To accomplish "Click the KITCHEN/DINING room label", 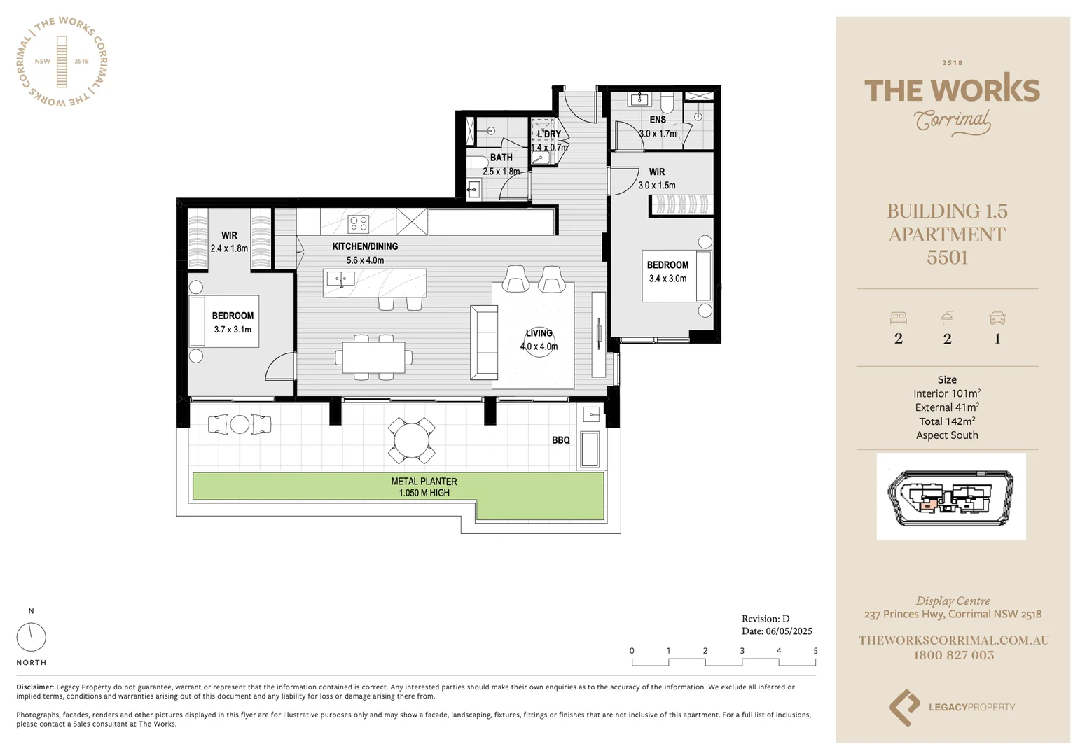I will pos(365,246).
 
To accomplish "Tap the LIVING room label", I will pos(539,333).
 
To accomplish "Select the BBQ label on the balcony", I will pos(560,440).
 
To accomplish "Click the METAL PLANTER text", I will pos(424,482).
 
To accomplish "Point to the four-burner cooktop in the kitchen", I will pos(359,224).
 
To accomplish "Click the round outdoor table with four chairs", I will pos(413,440).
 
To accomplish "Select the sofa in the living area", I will pos(484,342).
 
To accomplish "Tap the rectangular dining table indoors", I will pos(373,357).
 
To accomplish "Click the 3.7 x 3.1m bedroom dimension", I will pos(233,330).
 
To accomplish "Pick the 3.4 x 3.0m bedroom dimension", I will pos(667,279).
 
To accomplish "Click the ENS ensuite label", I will pos(658,120).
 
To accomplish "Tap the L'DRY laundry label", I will pos(549,134).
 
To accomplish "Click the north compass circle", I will pos(31,637).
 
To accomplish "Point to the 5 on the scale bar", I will pos(815,651).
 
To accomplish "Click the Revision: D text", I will pos(766,619).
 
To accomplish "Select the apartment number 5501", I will pos(947,258).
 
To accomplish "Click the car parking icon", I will pos(997,318).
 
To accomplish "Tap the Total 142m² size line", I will pos(947,421).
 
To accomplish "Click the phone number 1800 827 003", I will pos(953,655).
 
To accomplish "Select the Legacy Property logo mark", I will pos(904,707).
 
